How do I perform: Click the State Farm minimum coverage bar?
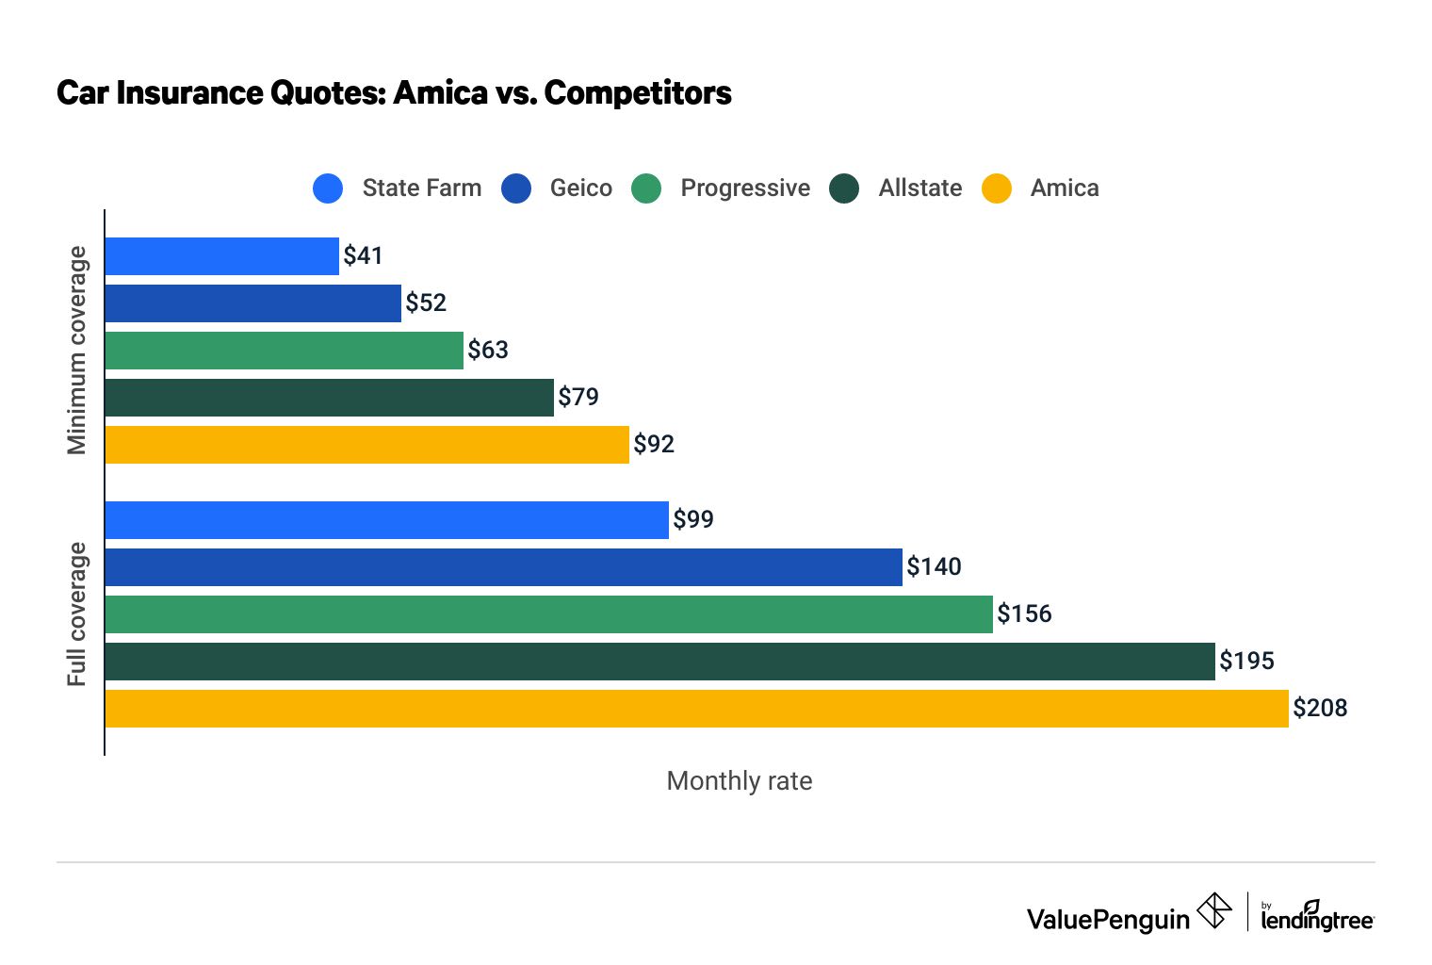point(221,256)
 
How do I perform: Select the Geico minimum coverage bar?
point(252,303)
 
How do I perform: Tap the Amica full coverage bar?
point(696,709)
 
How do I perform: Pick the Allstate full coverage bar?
point(659,662)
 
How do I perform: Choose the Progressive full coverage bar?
point(548,614)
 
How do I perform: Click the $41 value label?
point(363,256)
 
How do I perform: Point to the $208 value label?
point(1320,709)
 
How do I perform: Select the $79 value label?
point(578,398)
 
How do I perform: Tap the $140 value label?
point(934,567)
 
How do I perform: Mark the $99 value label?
point(693,520)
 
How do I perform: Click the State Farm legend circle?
point(328,188)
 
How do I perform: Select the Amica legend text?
point(1065,188)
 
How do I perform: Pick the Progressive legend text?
point(745,188)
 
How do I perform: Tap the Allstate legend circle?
point(844,188)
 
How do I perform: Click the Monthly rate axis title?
point(740,781)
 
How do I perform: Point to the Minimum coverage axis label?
point(76,351)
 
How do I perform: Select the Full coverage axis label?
point(76,614)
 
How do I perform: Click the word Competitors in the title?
point(638,93)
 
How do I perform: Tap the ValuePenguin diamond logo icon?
point(1213,911)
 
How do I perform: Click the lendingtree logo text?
point(1317,920)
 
